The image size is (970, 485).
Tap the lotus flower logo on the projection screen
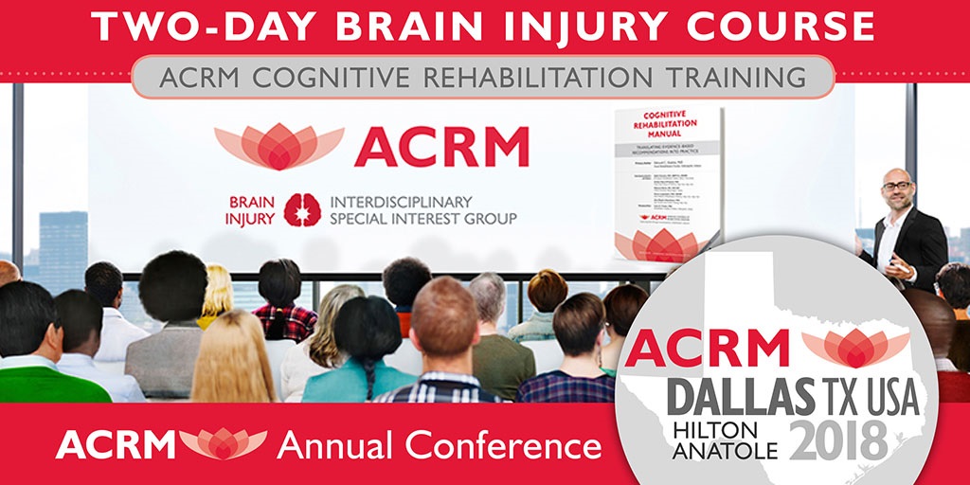(278, 145)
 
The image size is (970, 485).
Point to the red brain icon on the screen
(303, 208)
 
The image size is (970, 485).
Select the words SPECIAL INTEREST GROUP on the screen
(422, 218)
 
